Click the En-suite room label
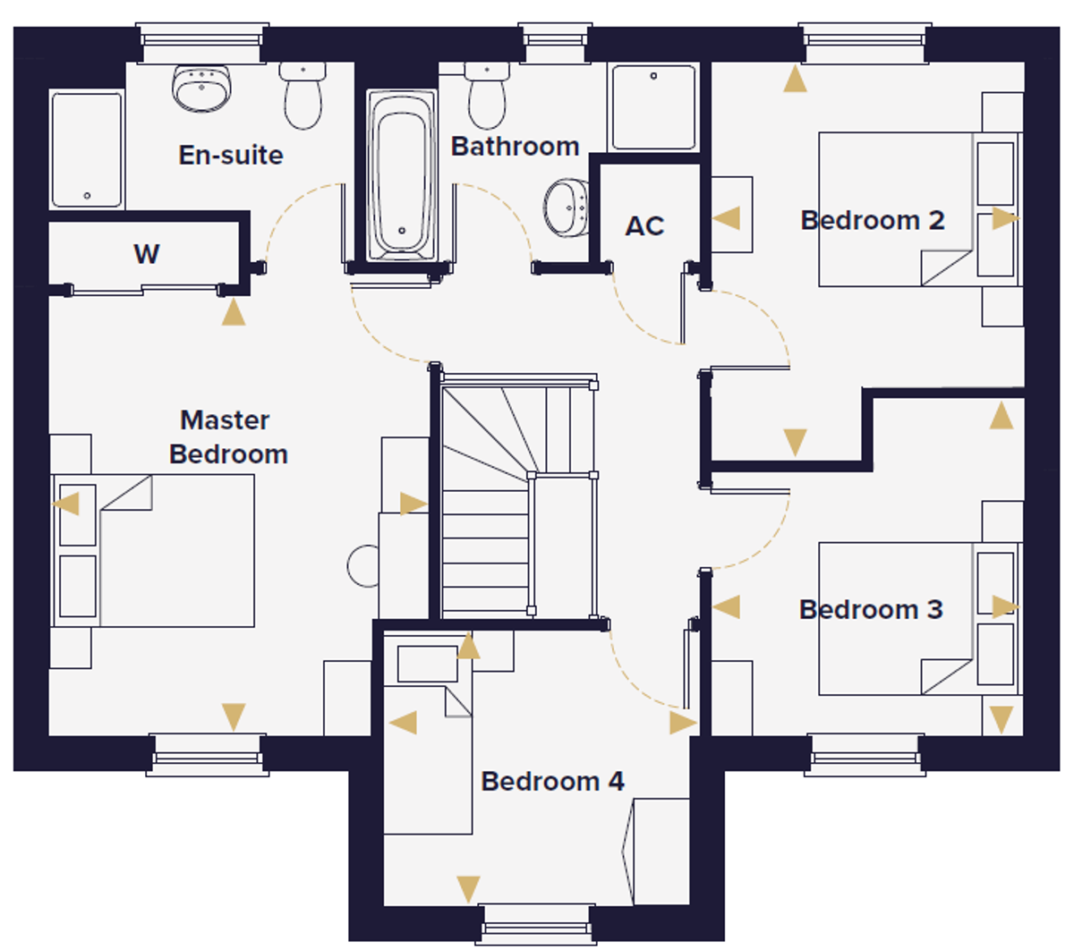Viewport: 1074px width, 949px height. click(x=231, y=155)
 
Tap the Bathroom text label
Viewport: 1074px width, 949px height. click(x=515, y=146)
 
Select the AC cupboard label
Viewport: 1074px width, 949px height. click(x=644, y=226)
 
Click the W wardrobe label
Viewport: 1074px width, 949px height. click(x=146, y=254)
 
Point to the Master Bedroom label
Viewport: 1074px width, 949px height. click(x=227, y=436)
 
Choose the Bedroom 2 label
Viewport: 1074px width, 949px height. click(x=872, y=220)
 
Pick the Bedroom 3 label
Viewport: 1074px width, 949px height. click(x=870, y=609)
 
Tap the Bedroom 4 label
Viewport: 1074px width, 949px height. click(x=552, y=781)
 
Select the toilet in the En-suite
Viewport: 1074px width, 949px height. click(x=302, y=96)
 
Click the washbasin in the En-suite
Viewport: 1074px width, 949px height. click(x=202, y=88)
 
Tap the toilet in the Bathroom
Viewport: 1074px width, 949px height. click(x=487, y=97)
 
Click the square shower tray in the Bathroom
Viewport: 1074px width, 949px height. click(x=653, y=106)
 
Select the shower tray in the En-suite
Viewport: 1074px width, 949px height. click(x=87, y=149)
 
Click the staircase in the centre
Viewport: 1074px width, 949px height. click(x=501, y=501)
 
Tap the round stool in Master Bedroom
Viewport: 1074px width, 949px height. click(x=363, y=566)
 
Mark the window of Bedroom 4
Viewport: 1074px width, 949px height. click(x=536, y=921)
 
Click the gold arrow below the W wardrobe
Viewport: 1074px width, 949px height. click(x=234, y=312)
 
